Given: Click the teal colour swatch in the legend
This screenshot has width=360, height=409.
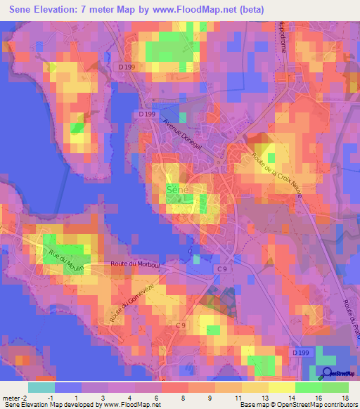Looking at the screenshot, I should tap(41, 387).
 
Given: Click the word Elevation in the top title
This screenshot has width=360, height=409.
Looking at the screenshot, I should tap(56, 8).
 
